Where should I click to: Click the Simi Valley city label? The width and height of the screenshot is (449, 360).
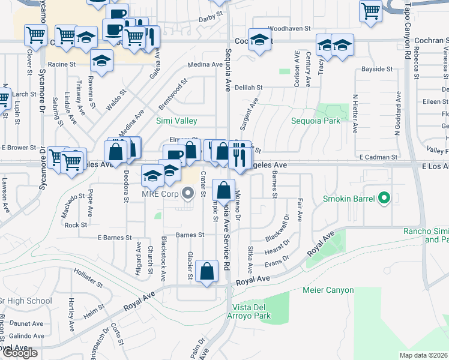click(x=176, y=121)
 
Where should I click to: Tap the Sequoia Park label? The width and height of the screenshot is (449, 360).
click(x=316, y=121)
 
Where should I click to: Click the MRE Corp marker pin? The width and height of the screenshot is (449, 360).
click(x=188, y=193)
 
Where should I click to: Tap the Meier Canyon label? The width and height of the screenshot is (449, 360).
click(x=327, y=290)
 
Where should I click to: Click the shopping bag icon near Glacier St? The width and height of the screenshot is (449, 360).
click(x=207, y=271)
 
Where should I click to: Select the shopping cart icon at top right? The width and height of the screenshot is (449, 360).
click(x=371, y=10)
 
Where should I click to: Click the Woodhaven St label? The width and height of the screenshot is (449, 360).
click(x=289, y=28)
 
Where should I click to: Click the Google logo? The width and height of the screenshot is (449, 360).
click(x=19, y=353)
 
